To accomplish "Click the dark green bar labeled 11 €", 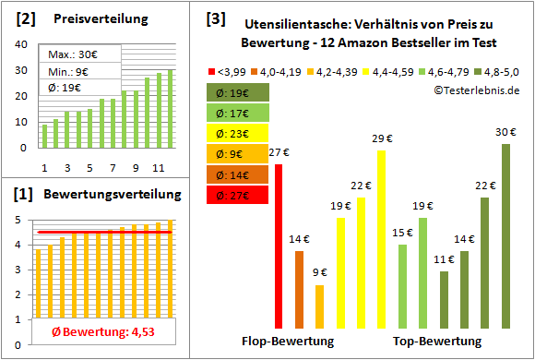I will click(x=444, y=300).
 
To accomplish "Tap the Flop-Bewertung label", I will click(x=288, y=342).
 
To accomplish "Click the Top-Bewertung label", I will click(x=437, y=342).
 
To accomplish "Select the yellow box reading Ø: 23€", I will click(x=238, y=132).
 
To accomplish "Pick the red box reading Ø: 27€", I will click(x=238, y=195).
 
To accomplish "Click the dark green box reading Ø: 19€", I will click(x=238, y=91).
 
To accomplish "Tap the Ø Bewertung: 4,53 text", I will click(x=91, y=333).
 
